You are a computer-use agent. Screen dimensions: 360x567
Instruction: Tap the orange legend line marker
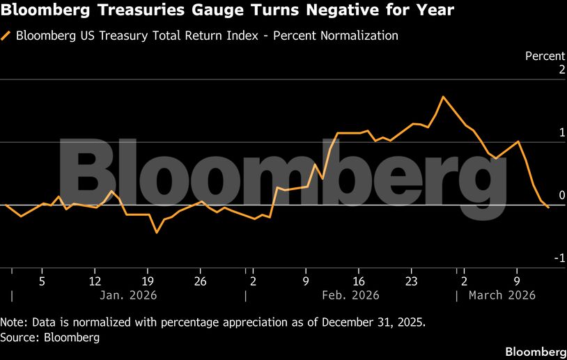[6, 36]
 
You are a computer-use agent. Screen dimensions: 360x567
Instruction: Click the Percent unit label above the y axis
[545, 56]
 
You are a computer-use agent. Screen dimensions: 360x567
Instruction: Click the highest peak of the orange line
[443, 97]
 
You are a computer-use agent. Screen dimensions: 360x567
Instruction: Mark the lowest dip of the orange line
[156, 232]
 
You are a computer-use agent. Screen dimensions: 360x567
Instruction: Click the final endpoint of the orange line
[548, 208]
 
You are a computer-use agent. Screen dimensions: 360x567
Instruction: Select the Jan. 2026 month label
[129, 295]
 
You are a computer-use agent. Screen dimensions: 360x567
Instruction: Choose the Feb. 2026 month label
[351, 295]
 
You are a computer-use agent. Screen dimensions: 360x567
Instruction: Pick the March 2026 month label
[502, 295]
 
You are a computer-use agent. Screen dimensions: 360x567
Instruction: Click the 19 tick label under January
[147, 281]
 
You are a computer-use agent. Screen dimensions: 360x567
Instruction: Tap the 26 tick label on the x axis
[200, 281]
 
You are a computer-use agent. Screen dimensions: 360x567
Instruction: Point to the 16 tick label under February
[358, 281]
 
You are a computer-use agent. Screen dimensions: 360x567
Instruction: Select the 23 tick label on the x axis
[411, 281]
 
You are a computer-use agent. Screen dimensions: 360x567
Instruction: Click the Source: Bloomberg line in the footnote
[50, 338]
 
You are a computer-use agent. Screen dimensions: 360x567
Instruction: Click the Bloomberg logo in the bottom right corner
[534, 350]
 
